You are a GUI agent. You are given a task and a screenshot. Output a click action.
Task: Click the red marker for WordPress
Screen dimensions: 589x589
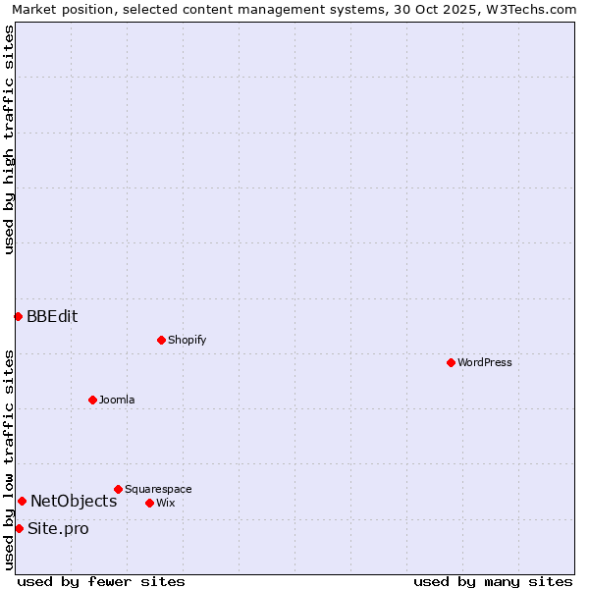(451, 362)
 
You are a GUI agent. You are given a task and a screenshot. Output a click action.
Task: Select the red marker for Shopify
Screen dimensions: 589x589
(161, 340)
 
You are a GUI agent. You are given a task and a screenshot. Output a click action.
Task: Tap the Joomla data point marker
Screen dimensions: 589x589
(92, 400)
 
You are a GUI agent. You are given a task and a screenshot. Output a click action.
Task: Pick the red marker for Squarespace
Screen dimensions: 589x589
(118, 489)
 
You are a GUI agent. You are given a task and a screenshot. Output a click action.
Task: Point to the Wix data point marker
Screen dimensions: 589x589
(149, 503)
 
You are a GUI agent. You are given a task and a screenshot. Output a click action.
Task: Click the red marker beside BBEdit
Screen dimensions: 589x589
(18, 316)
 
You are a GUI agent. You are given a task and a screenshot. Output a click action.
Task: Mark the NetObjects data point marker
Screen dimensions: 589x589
(22, 501)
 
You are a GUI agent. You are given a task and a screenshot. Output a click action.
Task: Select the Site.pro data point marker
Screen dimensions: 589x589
(19, 528)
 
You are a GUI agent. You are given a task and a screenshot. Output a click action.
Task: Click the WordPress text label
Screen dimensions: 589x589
(485, 362)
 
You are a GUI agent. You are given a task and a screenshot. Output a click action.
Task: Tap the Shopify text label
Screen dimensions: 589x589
(187, 340)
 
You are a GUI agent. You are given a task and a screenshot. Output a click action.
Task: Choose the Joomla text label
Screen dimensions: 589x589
(117, 400)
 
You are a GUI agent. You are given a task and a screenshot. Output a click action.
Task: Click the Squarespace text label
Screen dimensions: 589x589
(158, 489)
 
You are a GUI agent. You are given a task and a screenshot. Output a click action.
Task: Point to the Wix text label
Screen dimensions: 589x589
(166, 503)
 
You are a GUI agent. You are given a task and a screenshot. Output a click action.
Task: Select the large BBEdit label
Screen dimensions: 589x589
(52, 316)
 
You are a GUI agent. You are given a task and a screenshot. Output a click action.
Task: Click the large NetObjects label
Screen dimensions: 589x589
(74, 501)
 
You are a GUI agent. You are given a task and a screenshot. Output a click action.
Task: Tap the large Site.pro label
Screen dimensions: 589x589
(58, 528)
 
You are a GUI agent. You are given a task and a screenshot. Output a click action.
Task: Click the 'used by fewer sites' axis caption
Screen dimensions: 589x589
(101, 581)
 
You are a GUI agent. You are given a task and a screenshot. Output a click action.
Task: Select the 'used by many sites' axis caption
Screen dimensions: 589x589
(493, 581)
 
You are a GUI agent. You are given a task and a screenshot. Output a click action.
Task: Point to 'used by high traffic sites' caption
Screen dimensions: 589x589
(9, 139)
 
